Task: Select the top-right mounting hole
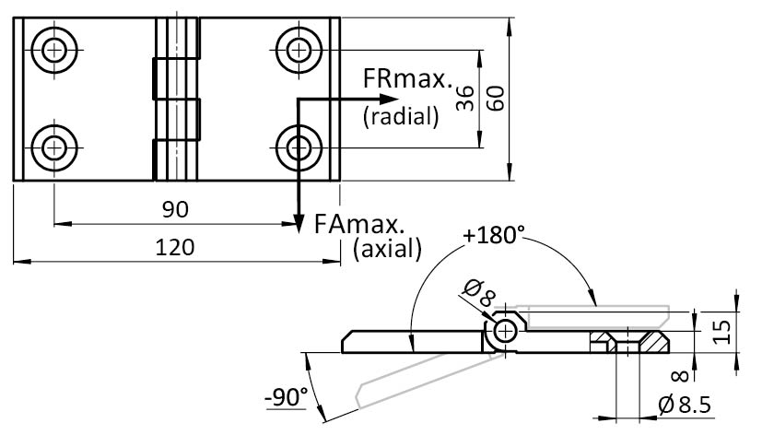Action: [x=298, y=48]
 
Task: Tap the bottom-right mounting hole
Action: [x=298, y=146]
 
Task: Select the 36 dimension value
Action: [x=465, y=98]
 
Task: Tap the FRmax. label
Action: [x=409, y=81]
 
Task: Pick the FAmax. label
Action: [x=360, y=223]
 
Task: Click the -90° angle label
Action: [x=286, y=398]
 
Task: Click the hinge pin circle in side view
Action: [x=504, y=331]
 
